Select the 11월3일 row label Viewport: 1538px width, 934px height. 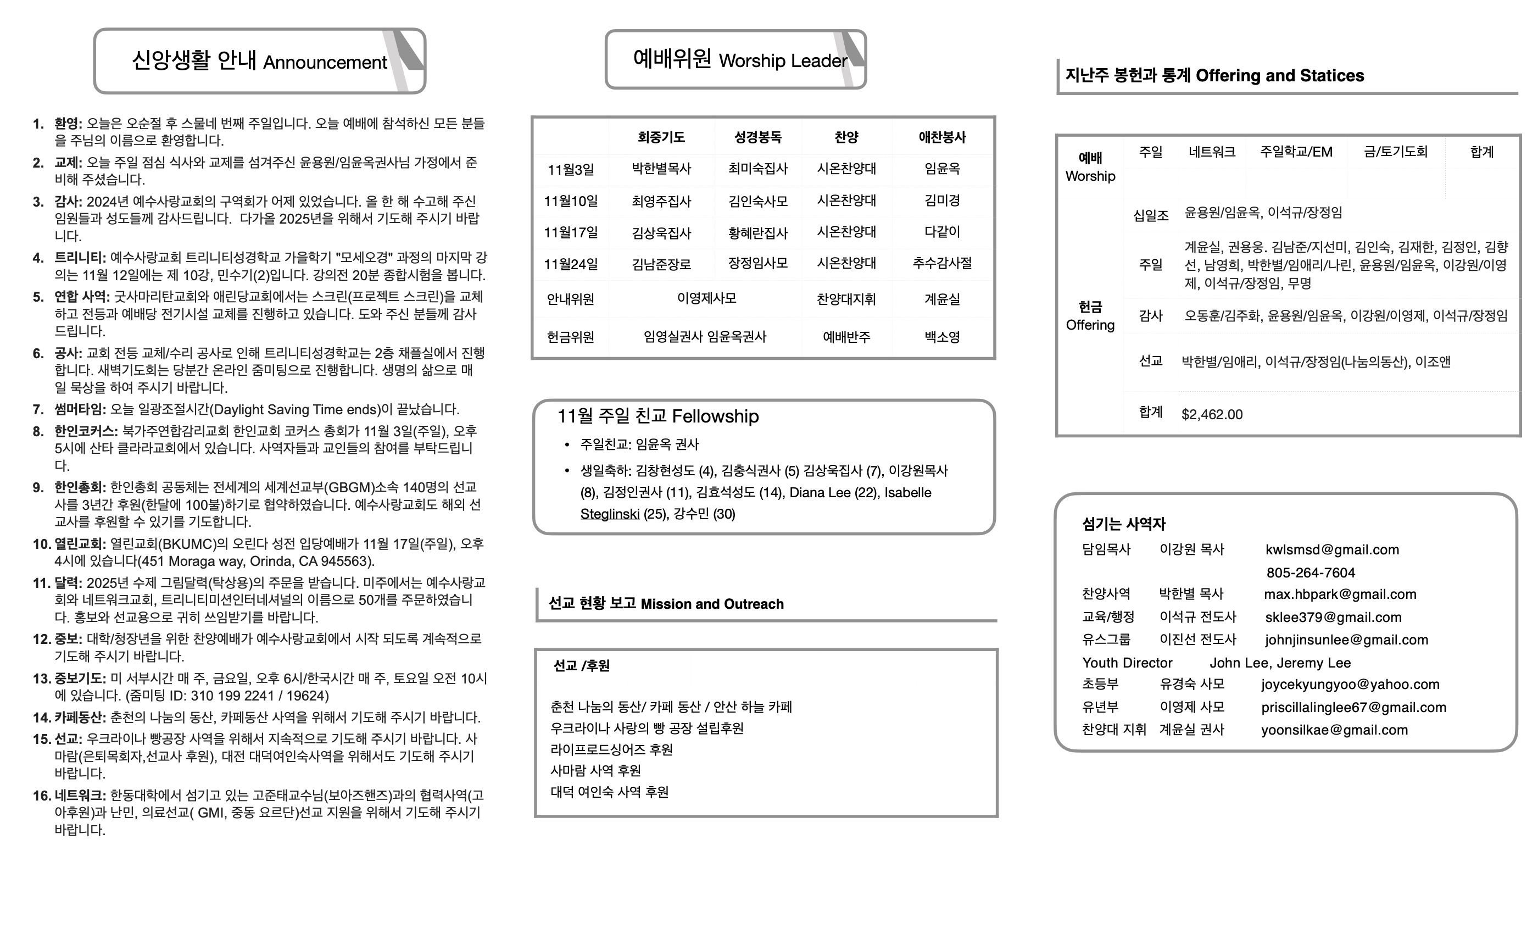click(570, 170)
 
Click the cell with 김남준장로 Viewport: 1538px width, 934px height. click(661, 264)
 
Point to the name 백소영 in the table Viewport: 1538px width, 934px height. click(942, 337)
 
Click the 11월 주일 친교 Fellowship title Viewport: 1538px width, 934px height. click(657, 416)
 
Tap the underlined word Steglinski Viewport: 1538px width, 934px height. click(609, 514)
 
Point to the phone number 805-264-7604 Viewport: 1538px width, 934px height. click(1310, 572)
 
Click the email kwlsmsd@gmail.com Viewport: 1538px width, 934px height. click(1332, 549)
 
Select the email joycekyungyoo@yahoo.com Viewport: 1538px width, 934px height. click(1350, 684)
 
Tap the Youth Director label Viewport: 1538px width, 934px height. click(1127, 663)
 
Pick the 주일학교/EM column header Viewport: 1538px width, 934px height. click(1296, 152)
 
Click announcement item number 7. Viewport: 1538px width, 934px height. click(38, 409)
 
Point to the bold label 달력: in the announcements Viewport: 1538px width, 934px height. click(68, 583)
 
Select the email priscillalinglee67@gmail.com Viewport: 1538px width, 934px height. click(1353, 708)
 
